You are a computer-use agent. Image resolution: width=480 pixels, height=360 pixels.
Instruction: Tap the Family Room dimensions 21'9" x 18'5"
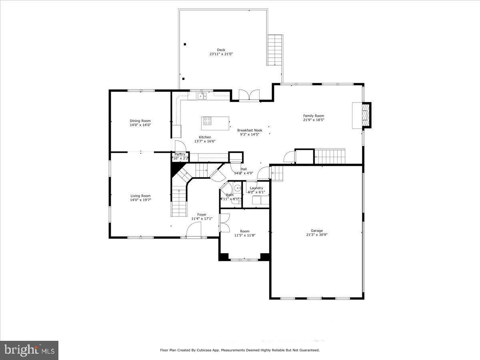pos(313,120)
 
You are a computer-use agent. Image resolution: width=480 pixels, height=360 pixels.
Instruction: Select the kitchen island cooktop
pos(207,120)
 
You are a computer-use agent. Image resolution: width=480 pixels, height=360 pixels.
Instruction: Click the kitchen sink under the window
pos(202,96)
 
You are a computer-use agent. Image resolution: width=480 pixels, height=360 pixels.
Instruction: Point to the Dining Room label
pos(140,121)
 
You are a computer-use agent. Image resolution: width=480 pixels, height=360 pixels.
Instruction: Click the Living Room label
pos(140,196)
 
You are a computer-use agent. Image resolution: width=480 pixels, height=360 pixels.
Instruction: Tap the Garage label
pos(317,231)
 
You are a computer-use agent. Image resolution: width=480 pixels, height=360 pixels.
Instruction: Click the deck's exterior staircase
pos(275,50)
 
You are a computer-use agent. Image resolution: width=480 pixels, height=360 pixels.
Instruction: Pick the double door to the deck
pos(249,95)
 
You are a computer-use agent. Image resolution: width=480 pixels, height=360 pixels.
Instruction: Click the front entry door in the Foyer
pos(194,230)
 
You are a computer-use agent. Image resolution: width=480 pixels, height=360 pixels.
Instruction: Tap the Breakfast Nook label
pos(250,130)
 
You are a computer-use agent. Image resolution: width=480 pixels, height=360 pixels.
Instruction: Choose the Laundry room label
pos(256,188)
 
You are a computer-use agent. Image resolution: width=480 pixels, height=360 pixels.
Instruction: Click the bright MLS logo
pos(29,350)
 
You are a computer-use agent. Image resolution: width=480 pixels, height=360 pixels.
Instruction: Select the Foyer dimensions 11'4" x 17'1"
pos(202,219)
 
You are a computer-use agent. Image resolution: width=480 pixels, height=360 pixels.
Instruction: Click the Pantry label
pos(180,154)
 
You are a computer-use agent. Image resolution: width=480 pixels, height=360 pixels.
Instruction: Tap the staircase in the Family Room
pos(330,156)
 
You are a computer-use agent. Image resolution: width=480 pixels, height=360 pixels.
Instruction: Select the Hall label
pos(244,169)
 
